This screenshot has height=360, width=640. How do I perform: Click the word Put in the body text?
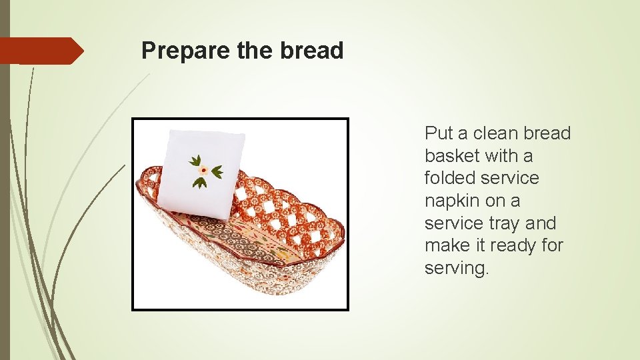pyautogui.click(x=439, y=133)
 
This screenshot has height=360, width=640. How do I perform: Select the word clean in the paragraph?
pyautogui.click(x=495, y=133)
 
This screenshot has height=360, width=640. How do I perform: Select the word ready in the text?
pyautogui.click(x=513, y=245)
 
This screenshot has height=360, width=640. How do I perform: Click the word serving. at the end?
pyautogui.click(x=457, y=268)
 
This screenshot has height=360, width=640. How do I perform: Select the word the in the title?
pyautogui.click(x=256, y=51)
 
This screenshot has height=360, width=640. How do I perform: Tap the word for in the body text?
pyautogui.click(x=552, y=245)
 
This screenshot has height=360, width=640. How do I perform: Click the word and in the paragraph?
pyautogui.click(x=541, y=223)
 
